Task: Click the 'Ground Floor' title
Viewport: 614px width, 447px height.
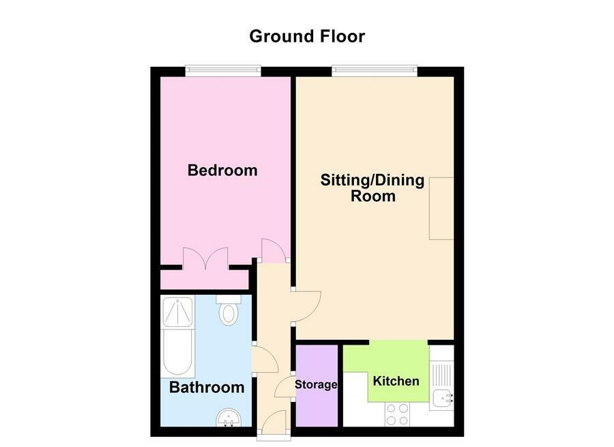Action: click(307, 35)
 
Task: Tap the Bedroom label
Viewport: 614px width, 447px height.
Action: click(222, 170)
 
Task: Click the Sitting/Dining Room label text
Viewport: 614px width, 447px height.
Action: click(372, 188)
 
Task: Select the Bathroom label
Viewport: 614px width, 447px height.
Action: click(207, 388)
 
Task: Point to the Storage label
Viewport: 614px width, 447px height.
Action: click(316, 385)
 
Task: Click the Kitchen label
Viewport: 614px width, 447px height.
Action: click(396, 381)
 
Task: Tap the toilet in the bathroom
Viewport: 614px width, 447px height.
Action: click(228, 313)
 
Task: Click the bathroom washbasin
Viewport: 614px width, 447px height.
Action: click(227, 417)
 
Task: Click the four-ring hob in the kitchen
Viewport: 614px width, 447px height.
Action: click(398, 413)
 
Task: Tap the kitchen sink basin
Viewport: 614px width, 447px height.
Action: click(441, 397)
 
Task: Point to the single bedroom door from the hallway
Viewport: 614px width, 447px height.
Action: click(274, 250)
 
